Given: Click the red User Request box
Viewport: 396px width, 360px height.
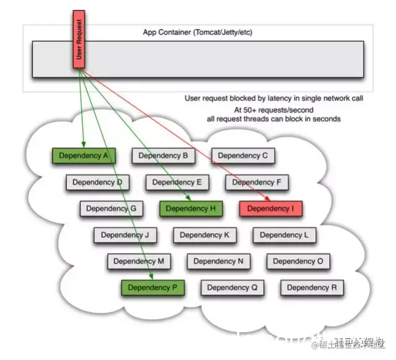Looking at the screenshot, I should (80, 39).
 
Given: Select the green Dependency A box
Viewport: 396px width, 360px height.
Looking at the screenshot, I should (84, 156).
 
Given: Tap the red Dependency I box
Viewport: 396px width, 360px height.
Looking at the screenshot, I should (270, 208).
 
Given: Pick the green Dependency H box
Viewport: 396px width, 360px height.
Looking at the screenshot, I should (191, 208).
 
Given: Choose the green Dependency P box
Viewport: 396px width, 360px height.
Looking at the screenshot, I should (152, 287).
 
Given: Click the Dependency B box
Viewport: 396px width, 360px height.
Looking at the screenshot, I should (163, 156).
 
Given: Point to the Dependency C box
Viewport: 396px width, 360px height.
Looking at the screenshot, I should (243, 156).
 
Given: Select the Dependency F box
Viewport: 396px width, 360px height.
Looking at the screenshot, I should (257, 182).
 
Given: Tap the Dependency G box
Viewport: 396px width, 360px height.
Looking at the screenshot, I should (111, 208).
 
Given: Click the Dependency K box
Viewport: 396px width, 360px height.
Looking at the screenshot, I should (204, 235).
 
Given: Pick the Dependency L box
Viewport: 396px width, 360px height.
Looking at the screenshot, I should (284, 235).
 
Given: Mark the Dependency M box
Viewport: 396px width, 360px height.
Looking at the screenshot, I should (139, 261).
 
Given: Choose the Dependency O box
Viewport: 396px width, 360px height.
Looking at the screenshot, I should (298, 261).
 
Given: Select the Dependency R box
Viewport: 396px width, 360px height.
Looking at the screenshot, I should (312, 287).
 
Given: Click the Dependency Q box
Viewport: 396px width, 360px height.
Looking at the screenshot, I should (232, 287).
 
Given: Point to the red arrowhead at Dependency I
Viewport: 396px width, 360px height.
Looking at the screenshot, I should (268, 199).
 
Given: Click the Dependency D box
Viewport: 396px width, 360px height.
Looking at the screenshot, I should (97, 182).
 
